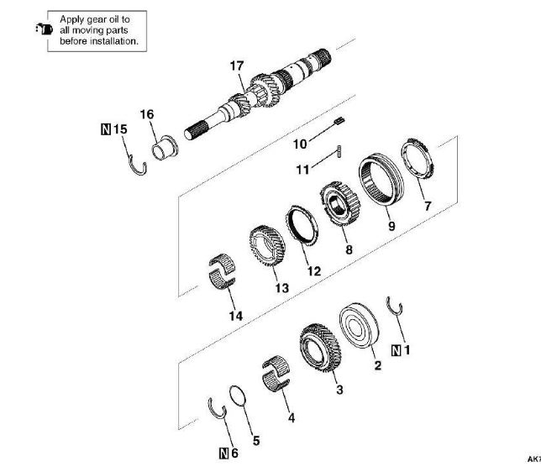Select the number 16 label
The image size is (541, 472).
point(147,114)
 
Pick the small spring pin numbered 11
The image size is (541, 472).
point(338,152)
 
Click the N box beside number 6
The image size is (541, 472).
point(223,454)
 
